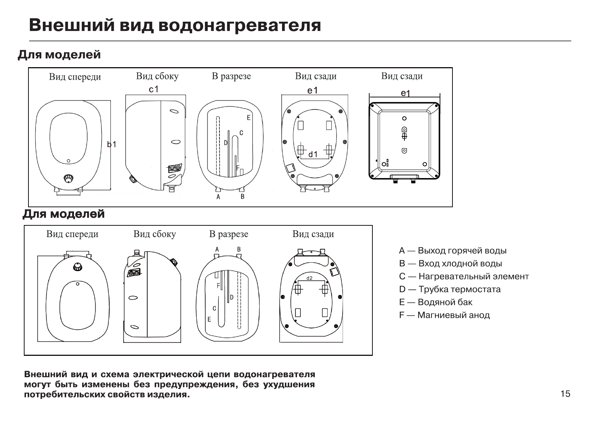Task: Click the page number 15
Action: [x=565, y=393]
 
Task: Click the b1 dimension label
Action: [x=112, y=144]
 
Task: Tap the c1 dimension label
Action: [x=154, y=90]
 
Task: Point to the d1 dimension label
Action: [x=313, y=154]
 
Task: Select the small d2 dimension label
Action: [x=309, y=278]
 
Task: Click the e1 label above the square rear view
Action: [x=405, y=93]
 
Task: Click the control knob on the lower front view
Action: [x=78, y=267]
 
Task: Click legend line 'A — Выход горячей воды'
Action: [x=452, y=251]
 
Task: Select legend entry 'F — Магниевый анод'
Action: [x=444, y=315]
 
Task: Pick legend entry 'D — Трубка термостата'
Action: [x=450, y=289]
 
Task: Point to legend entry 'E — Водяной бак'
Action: [x=436, y=302]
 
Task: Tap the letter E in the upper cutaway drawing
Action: [x=249, y=118]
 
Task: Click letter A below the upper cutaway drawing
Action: [x=218, y=197]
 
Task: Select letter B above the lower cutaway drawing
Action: [x=239, y=249]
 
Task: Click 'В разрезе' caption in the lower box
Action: [x=228, y=234]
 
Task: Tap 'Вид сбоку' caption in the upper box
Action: [x=157, y=76]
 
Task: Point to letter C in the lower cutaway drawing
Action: [x=214, y=308]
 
